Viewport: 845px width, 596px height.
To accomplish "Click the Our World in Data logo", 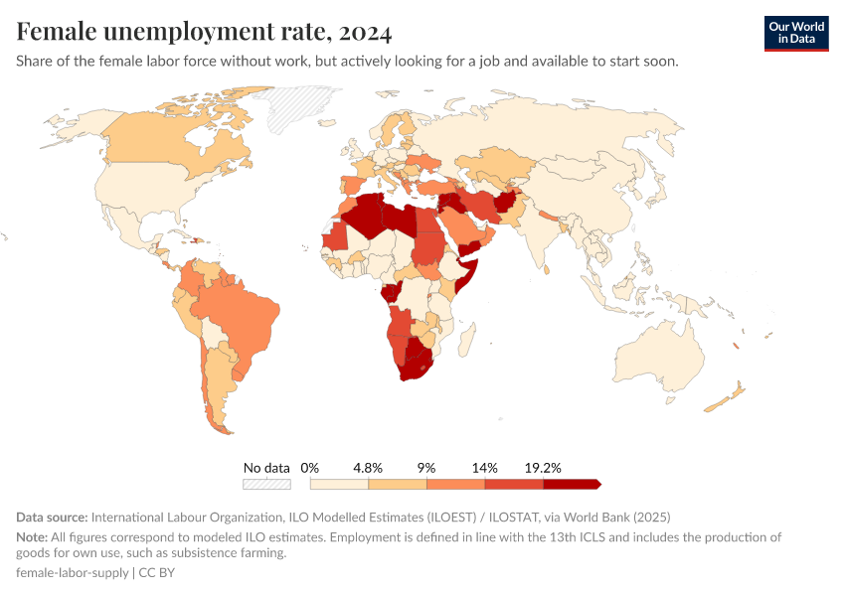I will [x=796, y=33].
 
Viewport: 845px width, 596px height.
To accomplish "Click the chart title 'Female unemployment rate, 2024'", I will [x=204, y=32].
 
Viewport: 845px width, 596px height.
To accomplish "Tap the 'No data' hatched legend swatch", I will [x=266, y=484].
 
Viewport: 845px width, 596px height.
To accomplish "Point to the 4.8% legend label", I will [x=368, y=467].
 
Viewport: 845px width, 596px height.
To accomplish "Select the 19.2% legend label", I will [x=544, y=467].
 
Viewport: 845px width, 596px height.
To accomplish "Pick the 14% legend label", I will [x=485, y=467].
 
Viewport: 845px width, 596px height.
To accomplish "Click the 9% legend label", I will [x=426, y=467].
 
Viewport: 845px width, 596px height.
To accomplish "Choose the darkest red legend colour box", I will [x=571, y=484].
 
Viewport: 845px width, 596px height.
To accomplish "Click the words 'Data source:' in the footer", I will [x=52, y=518].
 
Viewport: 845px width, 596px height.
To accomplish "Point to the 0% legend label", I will [x=309, y=467].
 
